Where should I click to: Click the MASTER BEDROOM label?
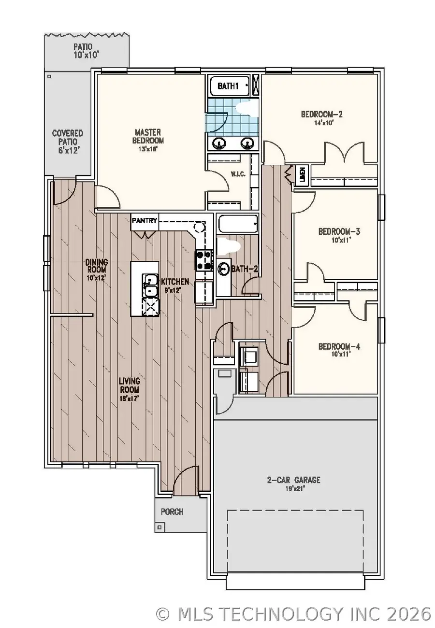click(x=149, y=136)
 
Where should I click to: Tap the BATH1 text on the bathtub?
click(x=228, y=86)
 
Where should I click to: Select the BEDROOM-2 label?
click(x=321, y=114)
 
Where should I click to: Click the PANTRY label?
click(x=145, y=221)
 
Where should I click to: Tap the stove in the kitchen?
click(x=203, y=260)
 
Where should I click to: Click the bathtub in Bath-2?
click(x=237, y=225)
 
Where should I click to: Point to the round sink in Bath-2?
click(x=224, y=268)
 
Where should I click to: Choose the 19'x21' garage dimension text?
click(x=293, y=488)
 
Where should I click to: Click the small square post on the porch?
click(x=159, y=527)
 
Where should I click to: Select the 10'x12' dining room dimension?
click(x=97, y=278)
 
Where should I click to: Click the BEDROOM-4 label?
click(x=339, y=346)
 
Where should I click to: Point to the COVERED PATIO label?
click(x=68, y=137)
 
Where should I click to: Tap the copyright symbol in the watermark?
click(x=163, y=614)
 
